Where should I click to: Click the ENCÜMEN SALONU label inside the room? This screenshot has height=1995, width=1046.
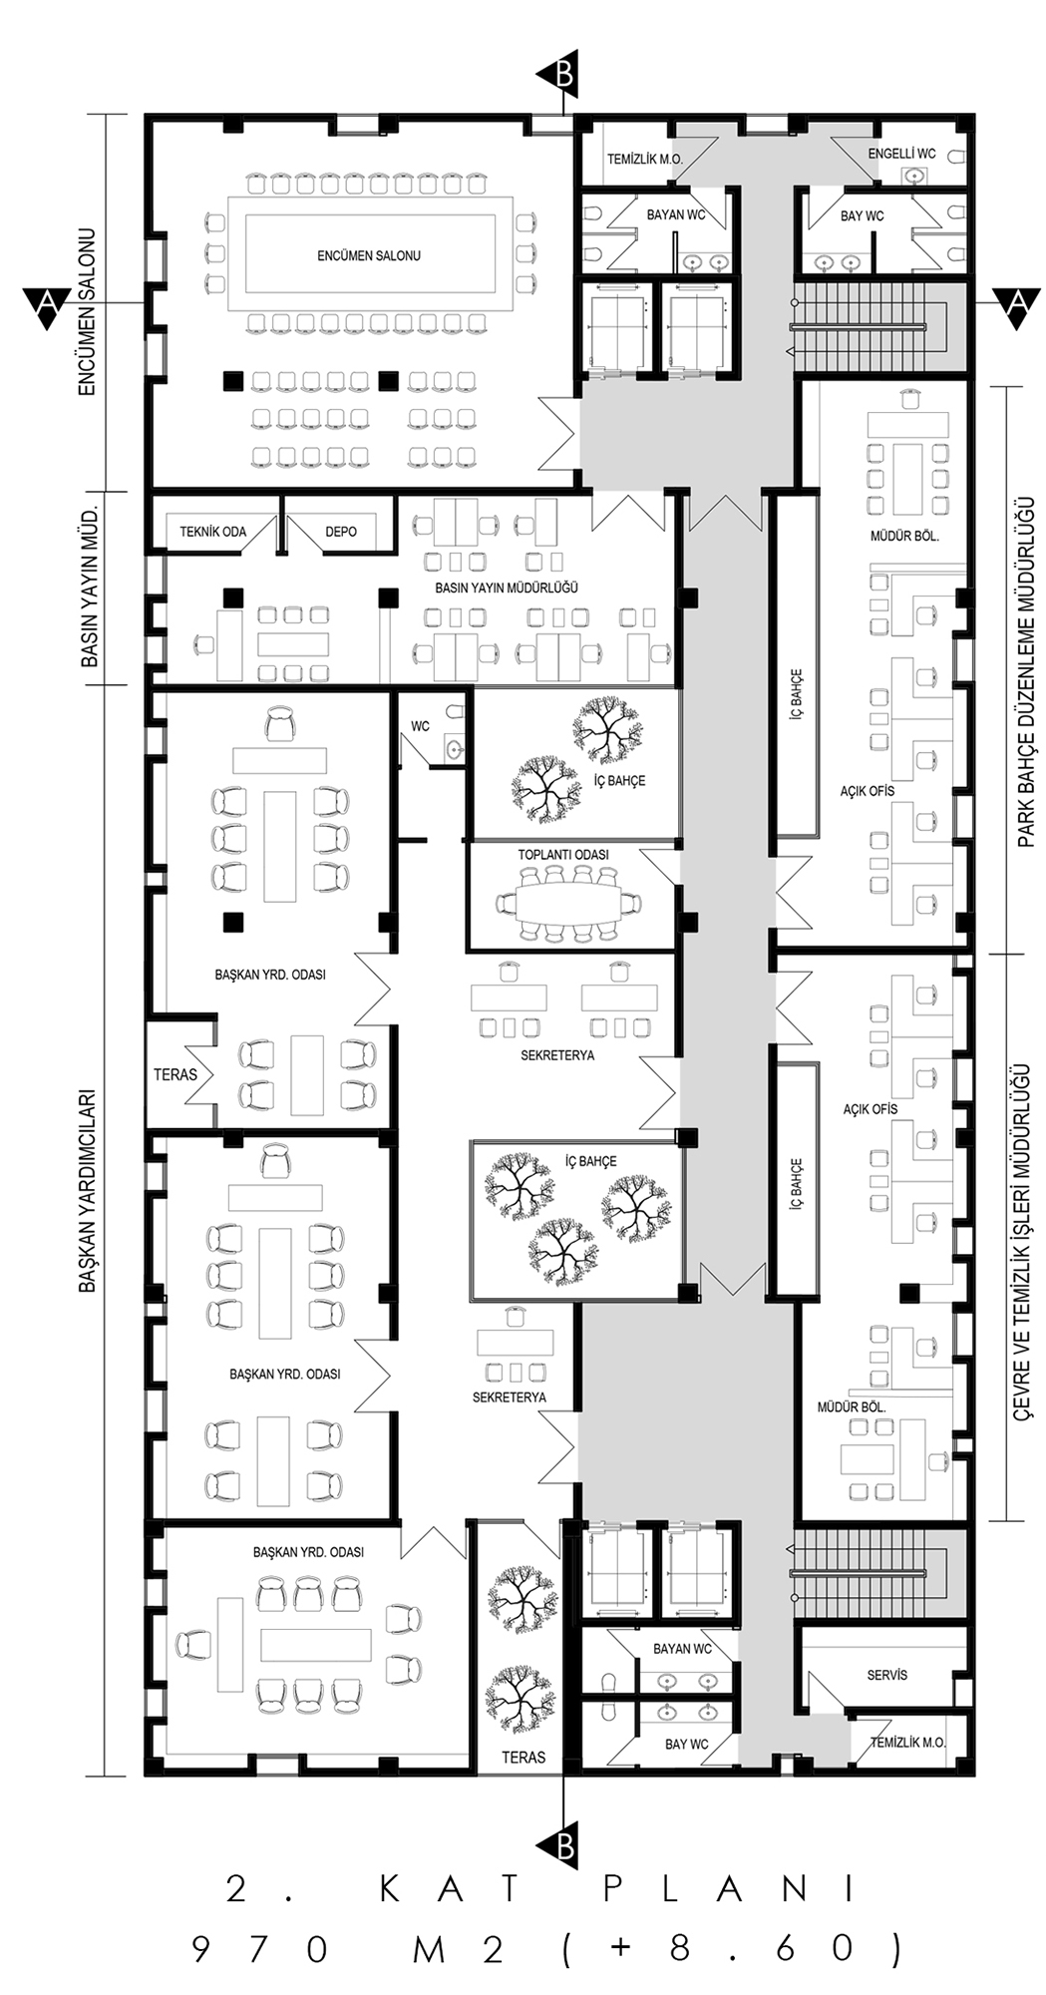tap(369, 255)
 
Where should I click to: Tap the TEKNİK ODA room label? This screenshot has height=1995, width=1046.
tap(212, 532)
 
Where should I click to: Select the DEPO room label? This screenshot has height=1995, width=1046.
tap(341, 532)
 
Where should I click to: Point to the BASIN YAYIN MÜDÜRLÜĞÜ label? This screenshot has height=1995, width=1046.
tap(507, 589)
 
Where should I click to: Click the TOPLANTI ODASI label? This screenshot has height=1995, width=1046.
tap(563, 855)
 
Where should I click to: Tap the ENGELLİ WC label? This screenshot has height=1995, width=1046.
tap(901, 154)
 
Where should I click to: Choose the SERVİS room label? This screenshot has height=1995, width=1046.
tap(887, 1675)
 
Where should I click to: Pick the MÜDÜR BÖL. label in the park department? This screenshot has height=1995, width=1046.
tap(904, 536)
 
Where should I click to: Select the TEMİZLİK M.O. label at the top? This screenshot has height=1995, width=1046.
tap(645, 159)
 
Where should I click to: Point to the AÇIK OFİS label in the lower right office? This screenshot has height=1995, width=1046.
tap(871, 1108)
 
